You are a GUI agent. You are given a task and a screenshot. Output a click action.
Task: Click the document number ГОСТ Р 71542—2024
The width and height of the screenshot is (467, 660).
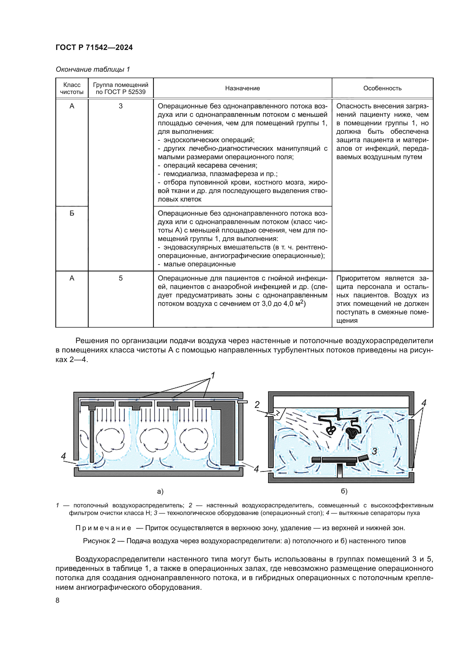coord(94,47)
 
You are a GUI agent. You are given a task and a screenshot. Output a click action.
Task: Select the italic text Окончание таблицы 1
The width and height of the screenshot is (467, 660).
coord(93,69)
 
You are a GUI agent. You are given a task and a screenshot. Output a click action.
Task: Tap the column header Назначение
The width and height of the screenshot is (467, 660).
coord(243,88)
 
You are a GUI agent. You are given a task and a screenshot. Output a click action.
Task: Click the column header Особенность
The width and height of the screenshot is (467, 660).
coord(382,88)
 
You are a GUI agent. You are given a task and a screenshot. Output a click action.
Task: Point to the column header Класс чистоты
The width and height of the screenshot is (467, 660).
coord(72,88)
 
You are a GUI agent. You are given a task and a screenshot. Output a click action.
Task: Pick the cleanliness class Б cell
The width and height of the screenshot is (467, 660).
coord(72,213)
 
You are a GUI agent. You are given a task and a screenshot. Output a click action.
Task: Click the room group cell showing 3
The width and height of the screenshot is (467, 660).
coord(121,106)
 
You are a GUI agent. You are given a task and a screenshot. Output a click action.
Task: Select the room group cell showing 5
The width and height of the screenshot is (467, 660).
coord(121,278)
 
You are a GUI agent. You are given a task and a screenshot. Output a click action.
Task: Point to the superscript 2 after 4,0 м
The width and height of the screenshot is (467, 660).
coord(302,302)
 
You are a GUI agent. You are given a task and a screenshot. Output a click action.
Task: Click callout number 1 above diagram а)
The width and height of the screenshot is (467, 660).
coord(213,375)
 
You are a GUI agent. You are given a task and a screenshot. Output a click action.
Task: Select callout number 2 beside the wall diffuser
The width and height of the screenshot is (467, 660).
coord(257,404)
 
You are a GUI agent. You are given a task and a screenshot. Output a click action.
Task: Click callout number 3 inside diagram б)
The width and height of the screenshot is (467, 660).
coord(374,451)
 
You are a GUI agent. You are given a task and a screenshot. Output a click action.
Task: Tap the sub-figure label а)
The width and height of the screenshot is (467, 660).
coord(160,492)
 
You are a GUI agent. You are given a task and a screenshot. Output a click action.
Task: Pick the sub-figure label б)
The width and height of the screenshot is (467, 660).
coord(344,491)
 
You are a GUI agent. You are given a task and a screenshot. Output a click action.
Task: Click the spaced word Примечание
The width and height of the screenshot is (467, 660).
coord(103,528)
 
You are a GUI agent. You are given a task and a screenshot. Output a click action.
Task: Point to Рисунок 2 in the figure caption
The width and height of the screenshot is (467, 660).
coord(99,541)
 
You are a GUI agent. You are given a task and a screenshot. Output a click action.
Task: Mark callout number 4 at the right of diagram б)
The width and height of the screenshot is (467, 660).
coord(424,403)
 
